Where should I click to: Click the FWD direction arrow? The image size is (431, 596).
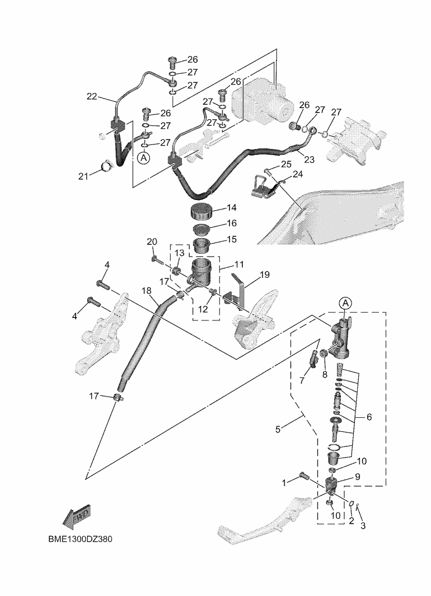(x=76, y=518)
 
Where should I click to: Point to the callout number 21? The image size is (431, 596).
(x=84, y=176)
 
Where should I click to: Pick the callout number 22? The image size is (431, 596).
(x=92, y=96)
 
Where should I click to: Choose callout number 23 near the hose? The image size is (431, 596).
(x=309, y=160)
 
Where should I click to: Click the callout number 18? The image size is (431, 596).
(x=147, y=291)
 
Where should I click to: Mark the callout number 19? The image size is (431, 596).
(x=265, y=275)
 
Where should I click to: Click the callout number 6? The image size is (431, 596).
(x=369, y=417)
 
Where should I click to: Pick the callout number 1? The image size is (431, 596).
(x=285, y=482)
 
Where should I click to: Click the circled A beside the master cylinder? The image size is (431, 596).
(x=345, y=303)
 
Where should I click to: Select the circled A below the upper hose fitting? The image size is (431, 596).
(x=144, y=159)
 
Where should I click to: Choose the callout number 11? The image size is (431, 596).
(x=240, y=264)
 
